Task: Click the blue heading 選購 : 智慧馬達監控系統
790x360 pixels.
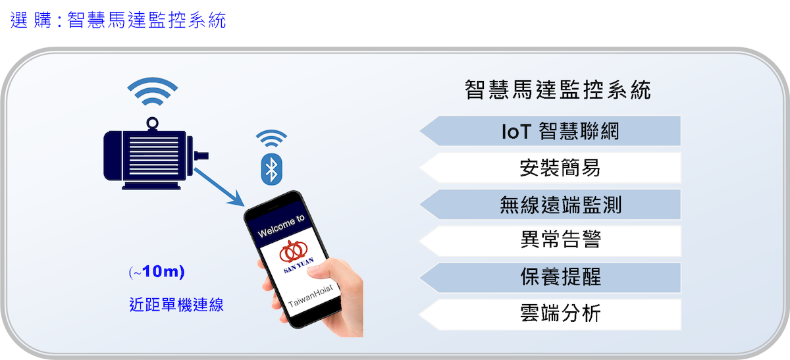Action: pyautogui.click(x=118, y=20)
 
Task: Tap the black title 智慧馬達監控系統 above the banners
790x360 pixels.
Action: pyautogui.click(x=558, y=90)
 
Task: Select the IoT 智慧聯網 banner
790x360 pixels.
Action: pyautogui.click(x=550, y=131)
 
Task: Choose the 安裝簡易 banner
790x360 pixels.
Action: pyautogui.click(x=550, y=167)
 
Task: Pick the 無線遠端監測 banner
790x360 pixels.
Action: pyautogui.click(x=550, y=205)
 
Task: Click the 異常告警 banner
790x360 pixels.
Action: pyautogui.click(x=550, y=241)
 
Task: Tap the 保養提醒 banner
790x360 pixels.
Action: pyautogui.click(x=550, y=278)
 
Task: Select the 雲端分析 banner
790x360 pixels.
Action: pyautogui.click(x=550, y=315)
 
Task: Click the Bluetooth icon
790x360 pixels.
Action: pyautogui.click(x=271, y=169)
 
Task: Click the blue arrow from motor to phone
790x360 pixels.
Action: pyautogui.click(x=219, y=187)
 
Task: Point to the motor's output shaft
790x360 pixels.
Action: pyautogui.click(x=201, y=156)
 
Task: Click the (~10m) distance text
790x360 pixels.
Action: pyautogui.click(x=157, y=272)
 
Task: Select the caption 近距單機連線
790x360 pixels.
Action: pyautogui.click(x=176, y=305)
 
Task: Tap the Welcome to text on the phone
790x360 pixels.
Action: pyautogui.click(x=281, y=226)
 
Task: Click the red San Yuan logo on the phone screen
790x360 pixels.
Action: pyautogui.click(x=294, y=251)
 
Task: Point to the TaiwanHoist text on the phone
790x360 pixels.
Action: pyautogui.click(x=310, y=296)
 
